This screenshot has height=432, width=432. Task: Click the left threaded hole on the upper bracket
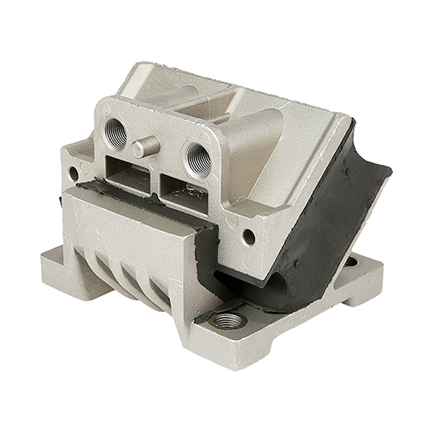[115, 131]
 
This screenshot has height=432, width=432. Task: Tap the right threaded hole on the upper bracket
[198, 157]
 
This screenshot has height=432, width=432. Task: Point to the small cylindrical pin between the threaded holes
[145, 147]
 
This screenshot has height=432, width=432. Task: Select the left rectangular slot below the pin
[128, 170]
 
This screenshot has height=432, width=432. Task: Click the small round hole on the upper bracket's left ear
[73, 173]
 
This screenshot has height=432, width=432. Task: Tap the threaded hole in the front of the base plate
[229, 320]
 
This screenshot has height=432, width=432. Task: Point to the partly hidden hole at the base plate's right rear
[350, 261]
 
